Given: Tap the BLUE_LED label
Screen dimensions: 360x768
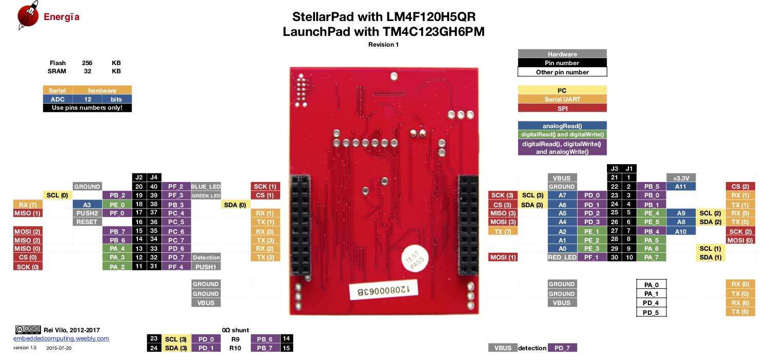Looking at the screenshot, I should [x=206, y=187].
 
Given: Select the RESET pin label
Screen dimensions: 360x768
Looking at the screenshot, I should [x=87, y=222].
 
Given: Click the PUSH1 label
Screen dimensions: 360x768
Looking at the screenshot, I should [x=206, y=267].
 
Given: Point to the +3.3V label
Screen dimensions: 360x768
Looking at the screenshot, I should [x=680, y=177].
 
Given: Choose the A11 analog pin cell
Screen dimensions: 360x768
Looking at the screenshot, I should [x=680, y=187].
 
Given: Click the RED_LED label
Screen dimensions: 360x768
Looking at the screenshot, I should [x=562, y=257].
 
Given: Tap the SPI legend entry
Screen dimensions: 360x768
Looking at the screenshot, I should [x=562, y=108].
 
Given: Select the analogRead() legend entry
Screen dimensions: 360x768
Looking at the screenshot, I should [x=562, y=126].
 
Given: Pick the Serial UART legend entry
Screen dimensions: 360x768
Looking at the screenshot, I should [x=562, y=99].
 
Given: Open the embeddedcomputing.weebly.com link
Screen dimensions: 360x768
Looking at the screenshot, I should [x=61, y=338].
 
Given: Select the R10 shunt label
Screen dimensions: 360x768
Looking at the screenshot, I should [x=235, y=348].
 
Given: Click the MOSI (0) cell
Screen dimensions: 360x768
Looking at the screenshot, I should [x=740, y=240].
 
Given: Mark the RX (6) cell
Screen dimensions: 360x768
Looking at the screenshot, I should [x=740, y=303].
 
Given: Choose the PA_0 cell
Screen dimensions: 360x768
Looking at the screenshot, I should [x=651, y=285].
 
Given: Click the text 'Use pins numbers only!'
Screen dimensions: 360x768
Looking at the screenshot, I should [x=87, y=108].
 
